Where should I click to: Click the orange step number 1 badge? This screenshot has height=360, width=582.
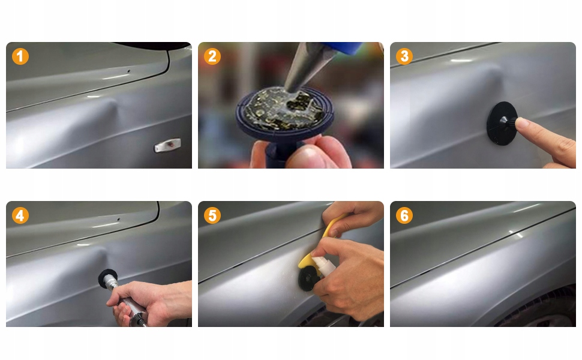(20, 56)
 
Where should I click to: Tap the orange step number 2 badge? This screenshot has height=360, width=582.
(212, 56)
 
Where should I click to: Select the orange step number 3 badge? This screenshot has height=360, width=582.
(404, 56)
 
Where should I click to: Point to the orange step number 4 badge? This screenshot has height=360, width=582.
(20, 215)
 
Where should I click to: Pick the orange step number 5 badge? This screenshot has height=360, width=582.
(212, 215)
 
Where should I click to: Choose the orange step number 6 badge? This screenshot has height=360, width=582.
(404, 215)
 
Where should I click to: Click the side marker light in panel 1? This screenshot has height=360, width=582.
(168, 145)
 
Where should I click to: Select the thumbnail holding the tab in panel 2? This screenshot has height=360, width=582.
(304, 152)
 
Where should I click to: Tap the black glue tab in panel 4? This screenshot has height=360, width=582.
(107, 278)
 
